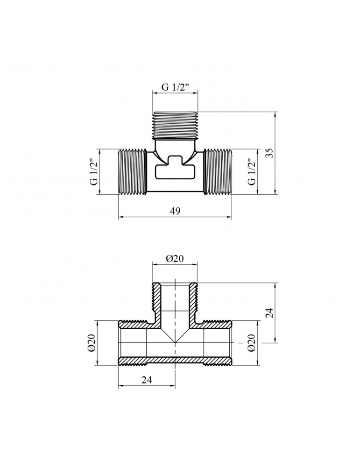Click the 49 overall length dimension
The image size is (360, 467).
tap(175, 212)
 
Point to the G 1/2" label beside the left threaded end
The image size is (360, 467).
tap(93, 171)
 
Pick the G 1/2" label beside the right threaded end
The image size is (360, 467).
tap(253, 171)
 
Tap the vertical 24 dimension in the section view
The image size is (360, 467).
tap(269, 313)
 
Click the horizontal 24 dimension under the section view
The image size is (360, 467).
tap(147, 380)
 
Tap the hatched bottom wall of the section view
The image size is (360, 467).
tap(175, 361)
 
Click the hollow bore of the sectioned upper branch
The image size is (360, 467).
tap(175, 301)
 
